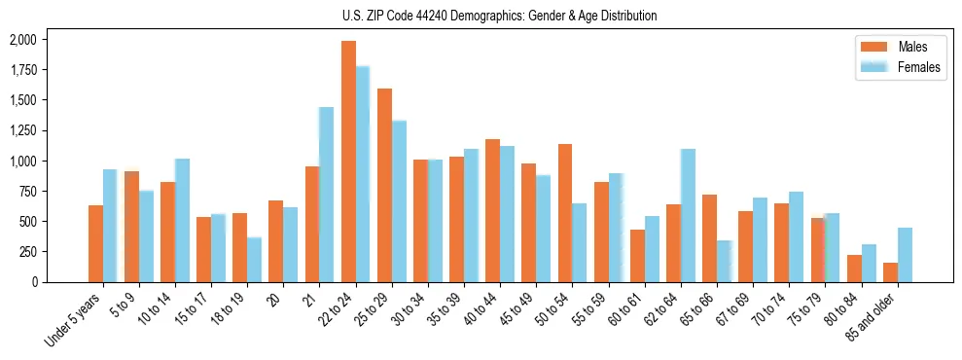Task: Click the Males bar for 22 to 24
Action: tap(348, 162)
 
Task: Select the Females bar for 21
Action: tap(327, 195)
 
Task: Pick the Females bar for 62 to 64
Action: tap(688, 215)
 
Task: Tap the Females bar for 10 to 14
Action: tap(182, 220)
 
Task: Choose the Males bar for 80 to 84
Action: tap(854, 269)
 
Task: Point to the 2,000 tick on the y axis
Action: tap(22, 40)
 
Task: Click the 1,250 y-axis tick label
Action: tap(22, 130)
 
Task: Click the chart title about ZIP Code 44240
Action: tap(499, 16)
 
